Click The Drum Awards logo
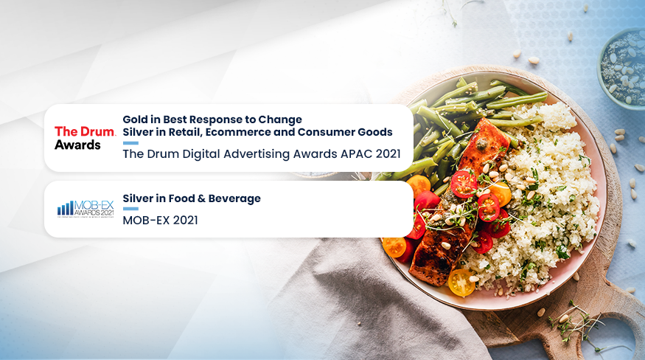(x=85, y=138)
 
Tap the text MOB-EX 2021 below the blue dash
(x=160, y=221)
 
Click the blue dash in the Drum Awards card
(x=130, y=143)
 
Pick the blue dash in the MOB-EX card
(x=130, y=210)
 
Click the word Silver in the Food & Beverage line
(x=139, y=198)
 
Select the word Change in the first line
(x=280, y=119)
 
